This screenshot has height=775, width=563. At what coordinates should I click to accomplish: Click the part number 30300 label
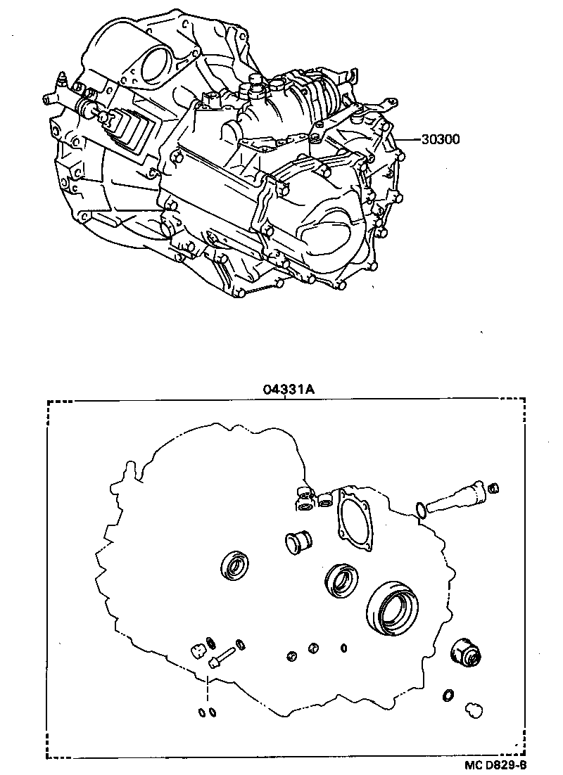(441, 139)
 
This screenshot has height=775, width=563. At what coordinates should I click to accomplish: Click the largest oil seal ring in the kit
(392, 606)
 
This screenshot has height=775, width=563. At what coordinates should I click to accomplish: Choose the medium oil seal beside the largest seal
(341, 580)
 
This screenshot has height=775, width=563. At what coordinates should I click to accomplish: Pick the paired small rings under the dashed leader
(206, 712)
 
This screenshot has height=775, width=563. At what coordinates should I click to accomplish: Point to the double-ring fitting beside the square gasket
(305, 497)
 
